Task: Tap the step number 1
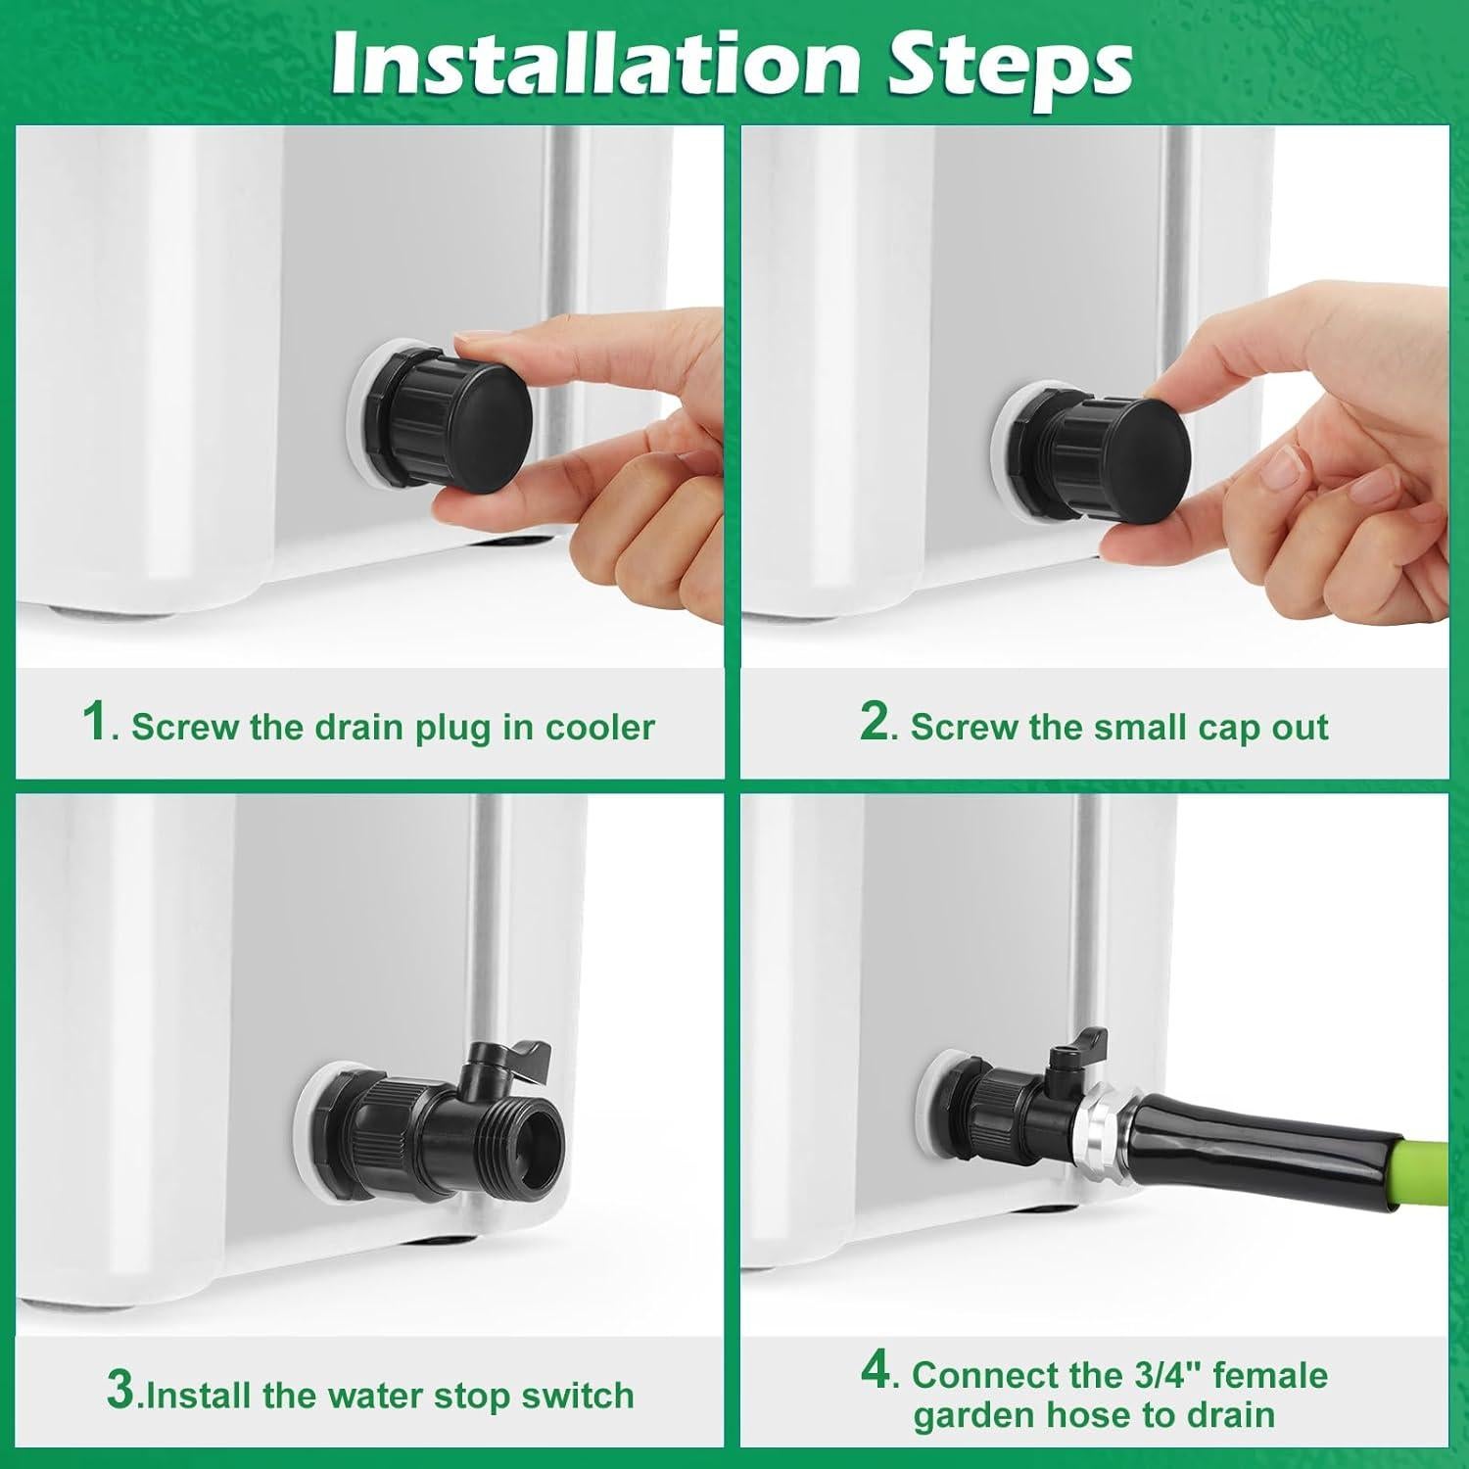(96, 725)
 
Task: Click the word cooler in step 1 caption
(599, 728)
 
